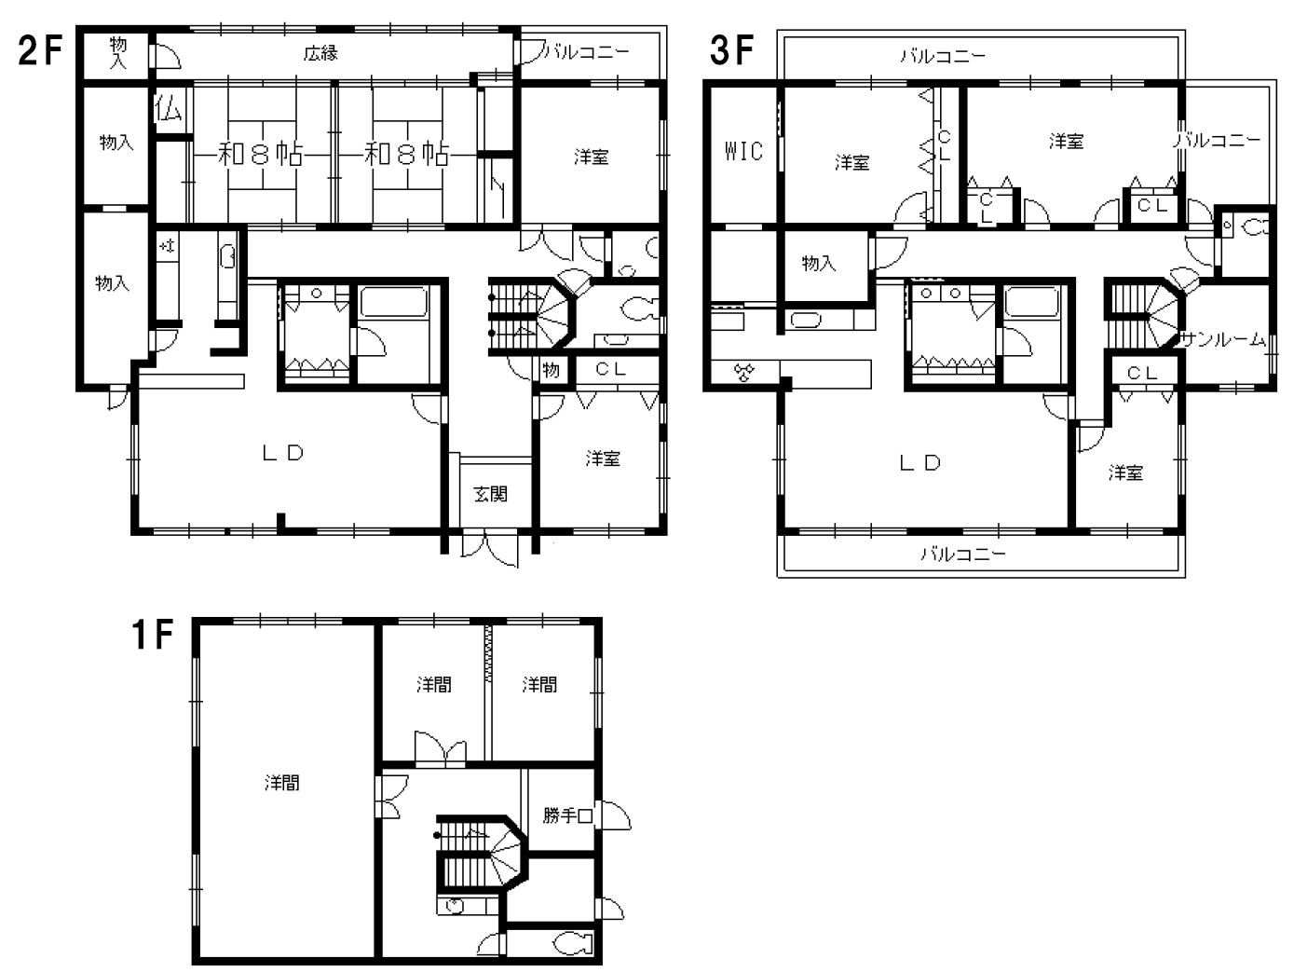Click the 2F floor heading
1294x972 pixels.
[x=40, y=50]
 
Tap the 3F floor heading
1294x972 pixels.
[x=731, y=50]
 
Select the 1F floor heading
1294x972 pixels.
[x=152, y=635]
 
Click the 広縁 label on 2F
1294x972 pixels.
[x=320, y=54]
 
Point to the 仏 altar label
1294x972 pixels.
[x=168, y=109]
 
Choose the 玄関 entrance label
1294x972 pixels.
[x=490, y=494]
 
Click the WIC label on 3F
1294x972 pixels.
[x=743, y=152]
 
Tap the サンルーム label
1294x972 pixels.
[x=1222, y=339]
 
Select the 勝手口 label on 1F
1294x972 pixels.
[x=567, y=815]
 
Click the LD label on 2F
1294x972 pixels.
[x=283, y=453]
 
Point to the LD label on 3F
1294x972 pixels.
[x=919, y=463]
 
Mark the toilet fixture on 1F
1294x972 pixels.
[x=574, y=944]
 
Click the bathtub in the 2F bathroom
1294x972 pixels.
[x=394, y=302]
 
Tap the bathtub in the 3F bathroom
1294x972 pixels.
[x=1031, y=302]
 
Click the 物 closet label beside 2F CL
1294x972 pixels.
[x=551, y=370]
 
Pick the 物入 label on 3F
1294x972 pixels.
[x=819, y=263]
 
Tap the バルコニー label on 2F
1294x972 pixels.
[x=586, y=52]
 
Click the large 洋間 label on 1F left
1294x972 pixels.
[x=281, y=782]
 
